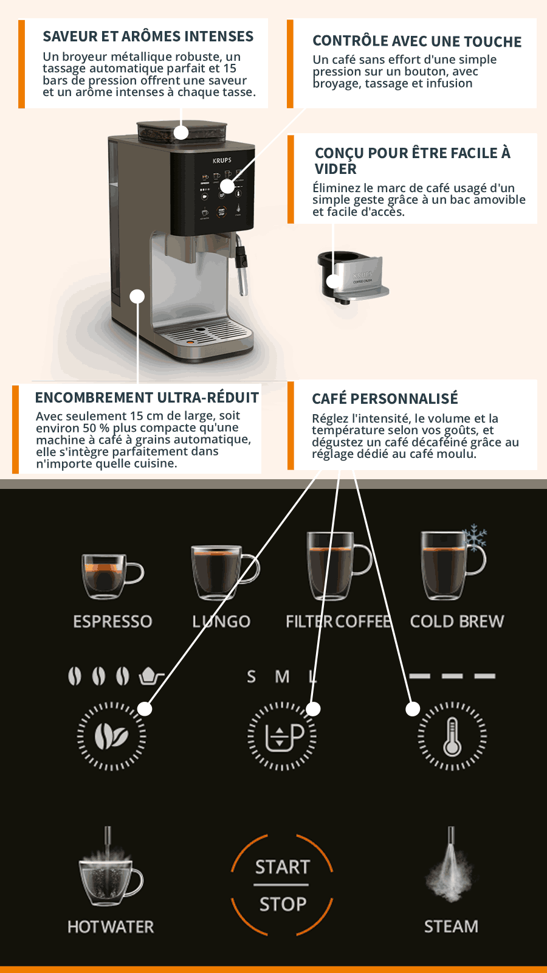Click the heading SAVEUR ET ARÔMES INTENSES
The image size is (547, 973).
tap(148, 36)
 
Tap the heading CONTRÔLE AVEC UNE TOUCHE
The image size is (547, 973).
tap(417, 41)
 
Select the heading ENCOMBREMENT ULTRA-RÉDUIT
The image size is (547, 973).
tap(146, 398)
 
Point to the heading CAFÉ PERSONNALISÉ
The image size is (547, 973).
tap(385, 398)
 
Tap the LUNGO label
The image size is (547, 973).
tap(221, 622)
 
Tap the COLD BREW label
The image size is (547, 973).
tap(457, 622)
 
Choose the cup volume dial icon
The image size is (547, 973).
tap(282, 736)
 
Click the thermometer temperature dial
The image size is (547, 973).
tap(452, 736)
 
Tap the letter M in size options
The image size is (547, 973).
tap(282, 677)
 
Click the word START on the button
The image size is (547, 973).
tap(282, 867)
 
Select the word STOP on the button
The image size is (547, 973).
tap(283, 904)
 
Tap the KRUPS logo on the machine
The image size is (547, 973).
tap(222, 161)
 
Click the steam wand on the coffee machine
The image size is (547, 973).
tap(241, 265)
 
